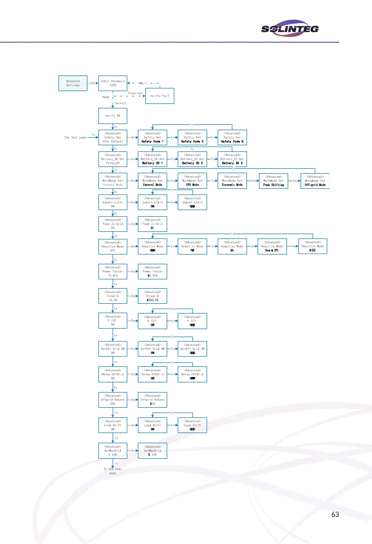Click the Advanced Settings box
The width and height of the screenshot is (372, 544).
click(x=73, y=83)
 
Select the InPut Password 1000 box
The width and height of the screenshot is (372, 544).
click(x=113, y=83)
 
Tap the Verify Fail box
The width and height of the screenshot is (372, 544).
click(x=159, y=96)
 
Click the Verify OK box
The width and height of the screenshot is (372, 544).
click(x=113, y=116)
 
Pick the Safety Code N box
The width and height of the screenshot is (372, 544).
click(x=232, y=137)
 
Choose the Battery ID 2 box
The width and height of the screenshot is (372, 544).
click(x=192, y=159)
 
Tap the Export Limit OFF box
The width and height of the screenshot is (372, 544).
click(x=192, y=202)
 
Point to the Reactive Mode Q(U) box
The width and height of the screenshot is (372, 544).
click(x=313, y=246)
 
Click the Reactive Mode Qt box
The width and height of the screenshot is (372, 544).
click(x=232, y=246)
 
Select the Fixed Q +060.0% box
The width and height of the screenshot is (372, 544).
click(x=153, y=296)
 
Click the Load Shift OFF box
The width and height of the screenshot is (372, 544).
click(x=192, y=425)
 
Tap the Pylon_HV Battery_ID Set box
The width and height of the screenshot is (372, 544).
click(x=113, y=159)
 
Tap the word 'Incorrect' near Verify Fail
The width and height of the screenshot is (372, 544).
click(x=136, y=93)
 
